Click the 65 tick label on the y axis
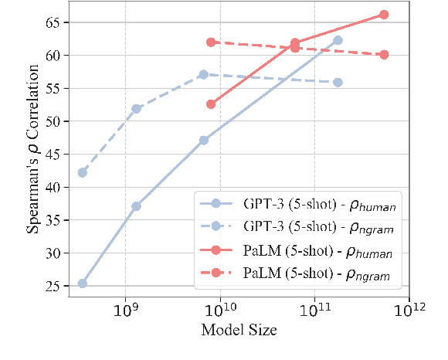coord(53,22)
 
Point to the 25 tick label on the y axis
coord(53,286)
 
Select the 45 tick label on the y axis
coord(53,154)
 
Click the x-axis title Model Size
coord(239,331)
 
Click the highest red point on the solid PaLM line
coord(384,15)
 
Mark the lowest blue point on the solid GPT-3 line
coord(83,284)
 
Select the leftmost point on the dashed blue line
coord(83,172)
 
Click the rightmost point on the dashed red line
coord(384,54)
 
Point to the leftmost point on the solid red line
coord(211,104)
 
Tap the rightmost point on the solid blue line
coord(338,40)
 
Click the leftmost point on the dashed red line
coord(211,42)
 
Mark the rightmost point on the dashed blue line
coord(338,82)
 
